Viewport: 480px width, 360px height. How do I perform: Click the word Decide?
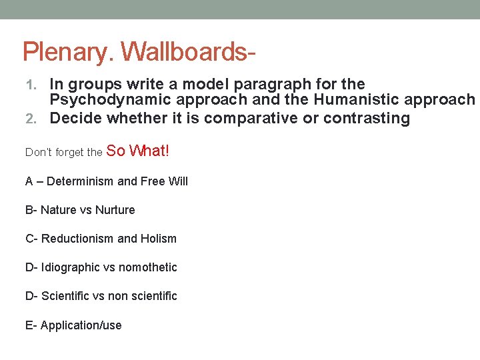point(73,119)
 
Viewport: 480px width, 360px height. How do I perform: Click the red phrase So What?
point(138,151)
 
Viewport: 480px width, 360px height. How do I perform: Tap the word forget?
point(68,153)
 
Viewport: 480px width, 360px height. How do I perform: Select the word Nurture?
point(115,210)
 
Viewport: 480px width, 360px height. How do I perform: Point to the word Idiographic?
point(71,267)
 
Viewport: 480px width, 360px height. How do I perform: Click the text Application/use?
point(81,325)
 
